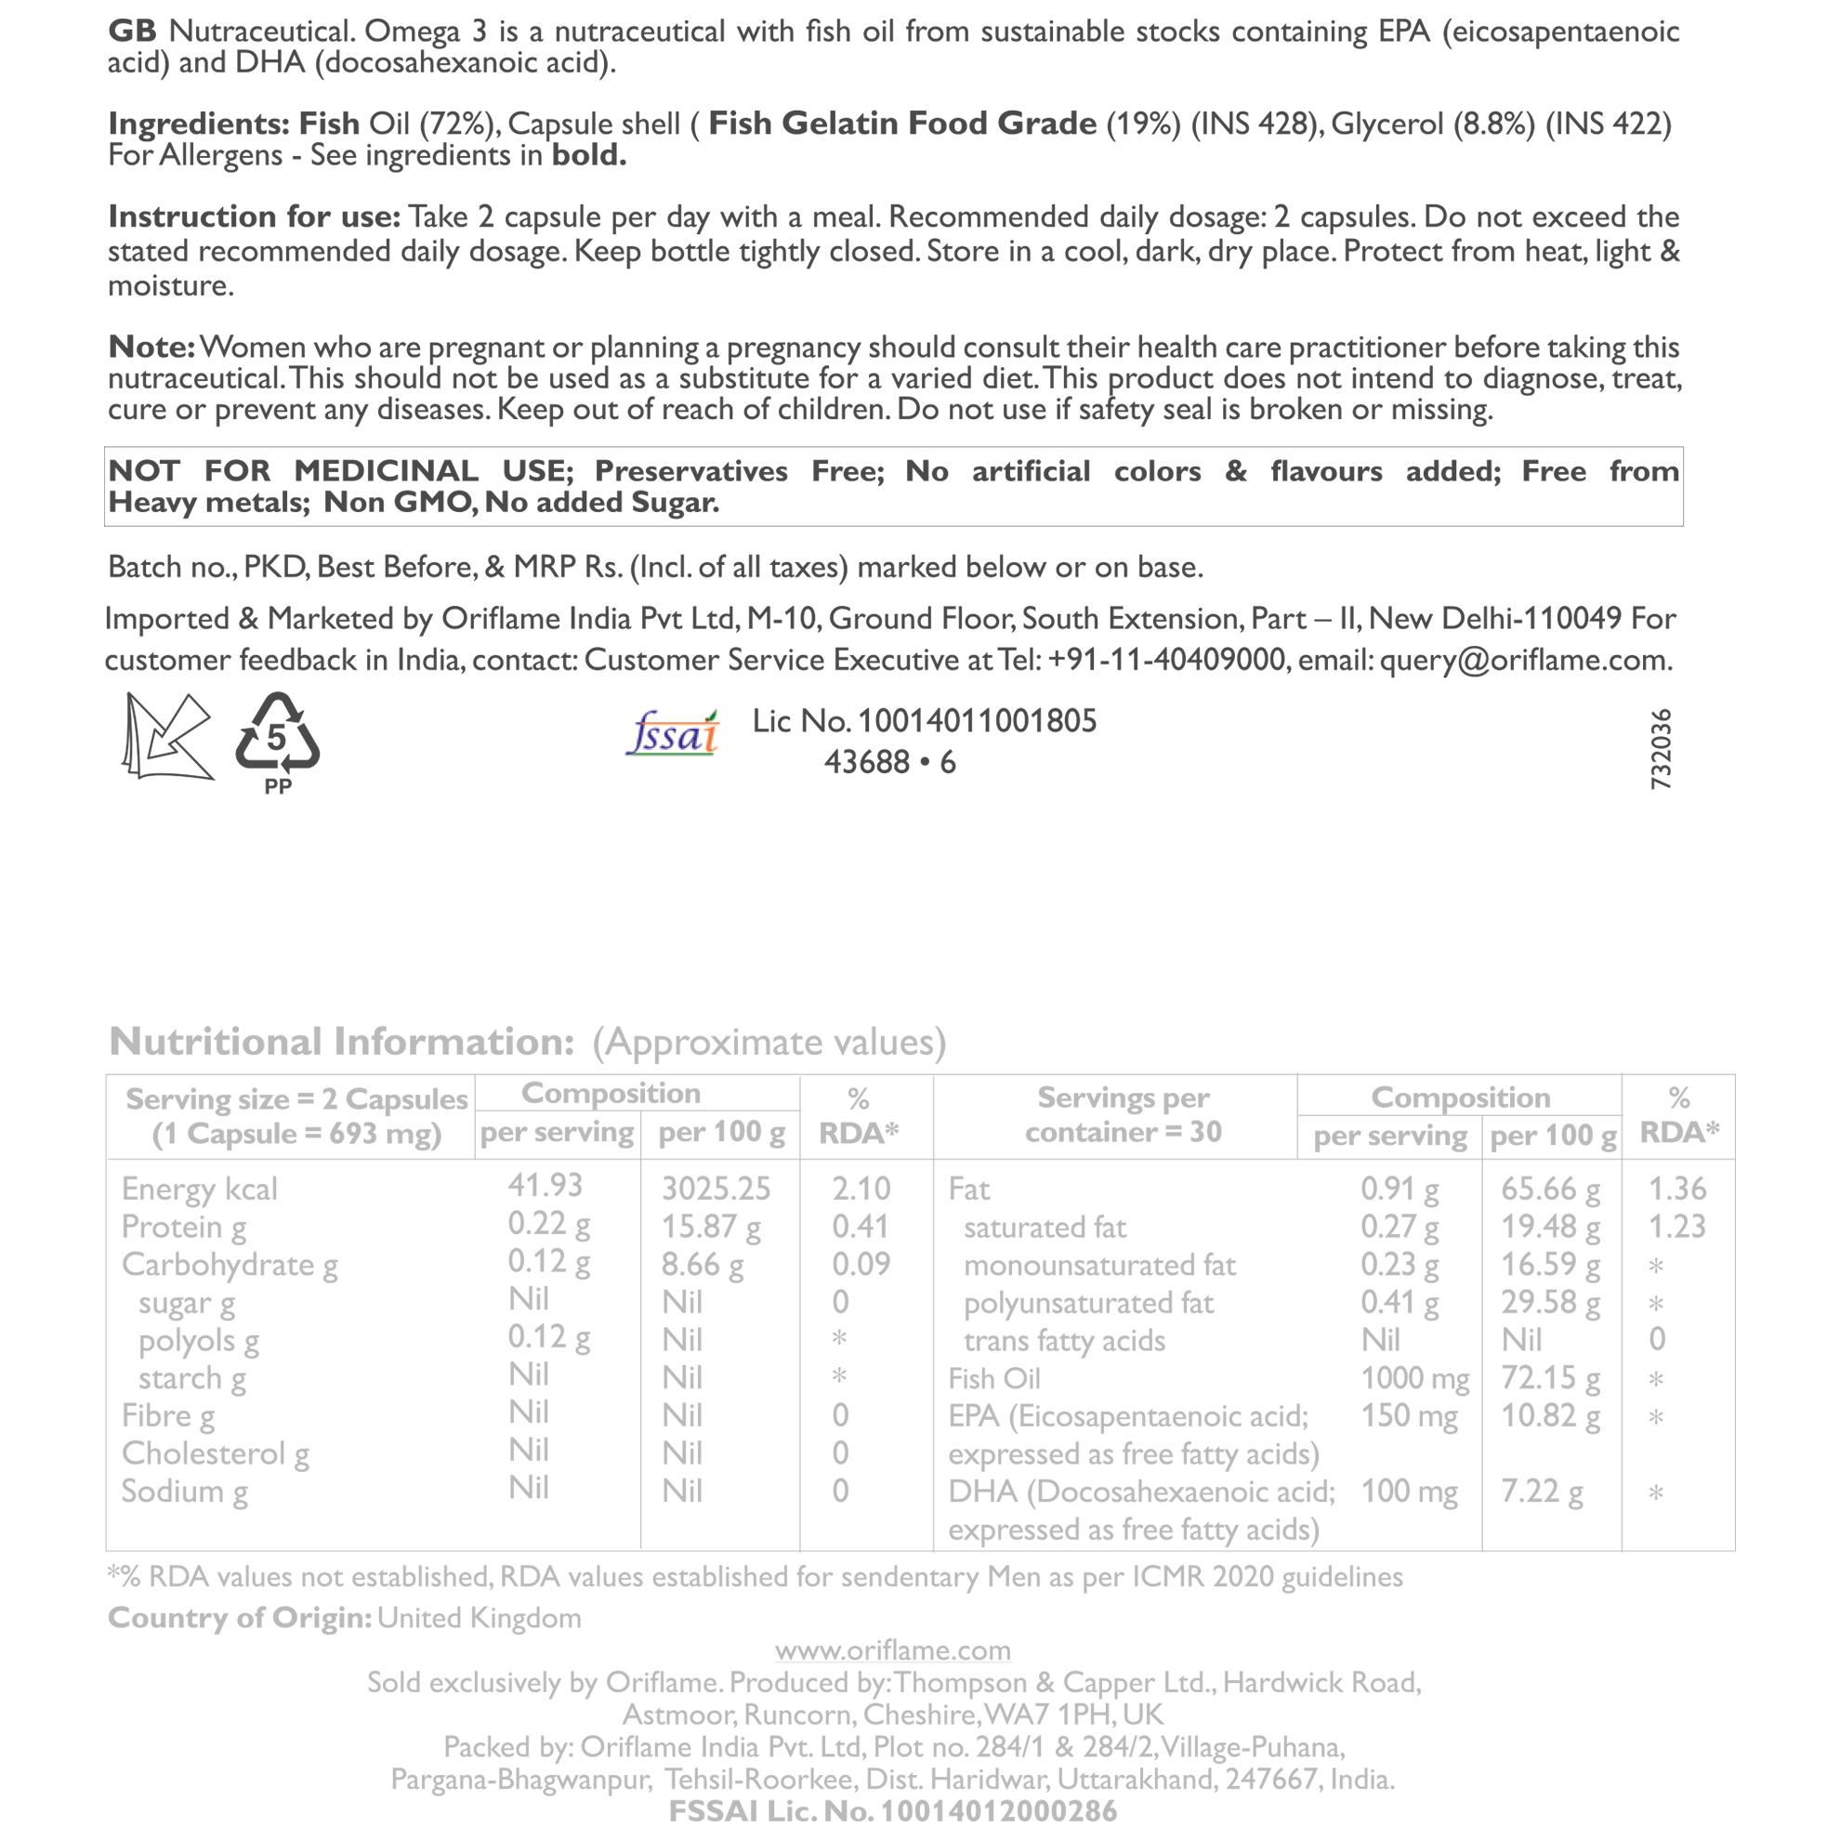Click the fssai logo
coord(673,734)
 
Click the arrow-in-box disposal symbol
coord(167,736)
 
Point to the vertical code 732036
coord(1660,749)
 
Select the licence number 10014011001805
coord(976,721)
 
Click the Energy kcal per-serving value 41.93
coord(545,1185)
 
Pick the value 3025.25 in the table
coord(716,1189)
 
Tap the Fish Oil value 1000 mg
coord(1414,1378)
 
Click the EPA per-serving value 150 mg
coord(1409,1416)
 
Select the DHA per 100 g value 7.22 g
coord(1542,1492)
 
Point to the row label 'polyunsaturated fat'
coord(1088,1303)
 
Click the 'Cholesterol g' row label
coord(216,1453)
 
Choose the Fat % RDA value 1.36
coord(1677,1189)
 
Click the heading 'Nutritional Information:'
coord(342,1042)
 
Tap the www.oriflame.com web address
coord(892,1650)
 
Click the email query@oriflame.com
coord(1525,660)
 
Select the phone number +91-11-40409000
coord(1166,660)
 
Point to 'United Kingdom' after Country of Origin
coord(479,1618)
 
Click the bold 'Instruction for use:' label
coord(255,217)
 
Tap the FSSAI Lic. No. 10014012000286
coord(892,1810)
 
